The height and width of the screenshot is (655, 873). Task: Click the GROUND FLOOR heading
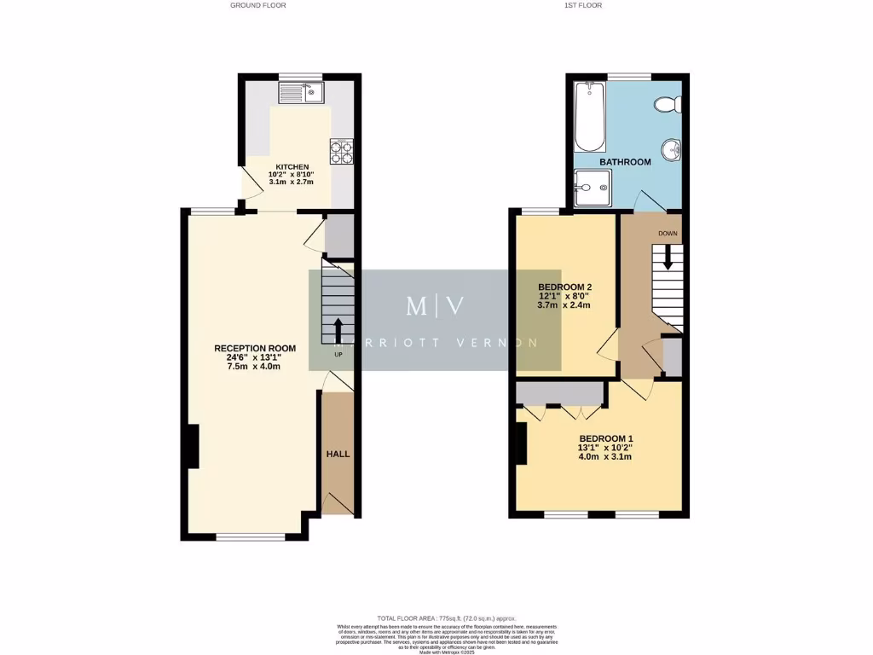[257, 5]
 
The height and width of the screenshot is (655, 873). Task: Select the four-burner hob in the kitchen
[341, 152]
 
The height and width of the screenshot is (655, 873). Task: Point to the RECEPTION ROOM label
[254, 348]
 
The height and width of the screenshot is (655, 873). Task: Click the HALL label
[338, 454]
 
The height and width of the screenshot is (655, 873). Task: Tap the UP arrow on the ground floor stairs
[338, 329]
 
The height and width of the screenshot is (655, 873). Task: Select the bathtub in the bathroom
[588, 116]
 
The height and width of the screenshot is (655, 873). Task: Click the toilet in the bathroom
[666, 104]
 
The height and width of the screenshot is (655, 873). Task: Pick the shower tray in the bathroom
[592, 188]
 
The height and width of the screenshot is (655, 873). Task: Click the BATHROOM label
[625, 161]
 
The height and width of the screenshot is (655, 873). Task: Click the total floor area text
[447, 617]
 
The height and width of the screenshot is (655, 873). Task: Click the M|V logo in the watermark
[435, 306]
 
